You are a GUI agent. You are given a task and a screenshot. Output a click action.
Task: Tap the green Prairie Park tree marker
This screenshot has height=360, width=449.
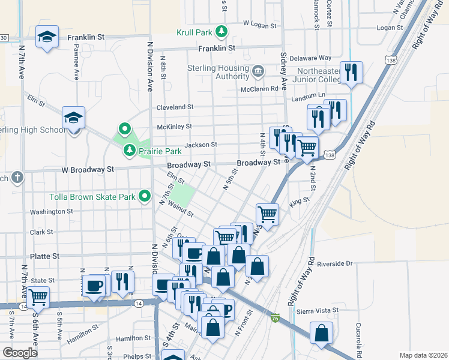pyautogui.click(x=129, y=149)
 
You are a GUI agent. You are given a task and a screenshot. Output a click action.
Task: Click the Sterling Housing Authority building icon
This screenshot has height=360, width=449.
pyautogui.click(x=258, y=72)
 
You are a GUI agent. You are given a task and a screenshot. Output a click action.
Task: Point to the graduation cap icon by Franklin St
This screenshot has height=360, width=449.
pyautogui.click(x=47, y=37)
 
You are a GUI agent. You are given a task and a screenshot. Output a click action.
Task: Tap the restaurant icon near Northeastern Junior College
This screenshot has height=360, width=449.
pyautogui.click(x=352, y=72)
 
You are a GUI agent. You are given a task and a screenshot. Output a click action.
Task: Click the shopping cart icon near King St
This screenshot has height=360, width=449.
pyautogui.click(x=267, y=213)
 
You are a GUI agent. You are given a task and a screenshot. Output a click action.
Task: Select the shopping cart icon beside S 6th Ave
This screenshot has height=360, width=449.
pyautogui.click(x=38, y=296)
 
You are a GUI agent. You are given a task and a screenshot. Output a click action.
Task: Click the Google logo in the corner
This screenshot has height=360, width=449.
pyautogui.click(x=20, y=352)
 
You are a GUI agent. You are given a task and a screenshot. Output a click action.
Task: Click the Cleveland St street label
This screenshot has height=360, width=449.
pyautogui.click(x=175, y=107)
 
